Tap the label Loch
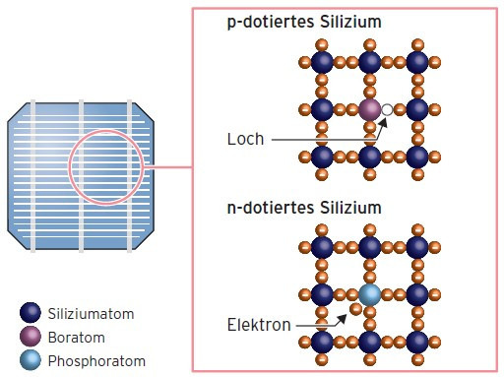[245, 139]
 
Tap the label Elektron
[259, 325]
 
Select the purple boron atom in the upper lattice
[369, 109]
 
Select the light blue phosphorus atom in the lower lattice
[369, 295]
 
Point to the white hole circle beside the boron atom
[388, 109]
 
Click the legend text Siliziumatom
[90, 314]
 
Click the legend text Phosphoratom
[96, 360]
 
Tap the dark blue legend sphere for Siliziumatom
[31, 314]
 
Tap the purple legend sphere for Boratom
[31, 337]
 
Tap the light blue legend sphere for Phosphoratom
[31, 360]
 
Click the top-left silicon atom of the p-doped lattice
[322, 62]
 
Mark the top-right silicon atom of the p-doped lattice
[417, 62]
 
